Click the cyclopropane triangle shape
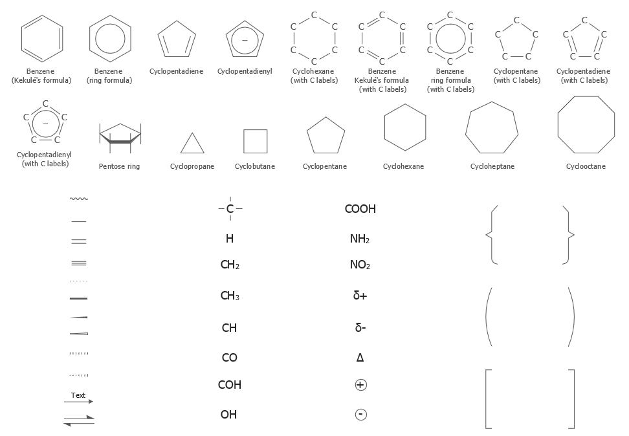(x=186, y=153)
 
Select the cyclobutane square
(x=244, y=141)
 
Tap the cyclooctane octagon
(x=558, y=124)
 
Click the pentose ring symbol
(x=120, y=141)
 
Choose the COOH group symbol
(x=360, y=209)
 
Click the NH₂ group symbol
(x=360, y=239)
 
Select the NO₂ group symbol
(x=360, y=265)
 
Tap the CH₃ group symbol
(x=230, y=296)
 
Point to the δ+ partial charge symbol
(x=360, y=296)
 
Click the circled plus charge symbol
(x=360, y=385)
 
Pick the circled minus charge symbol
(x=360, y=415)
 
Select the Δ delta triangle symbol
(x=360, y=357)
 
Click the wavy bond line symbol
(x=79, y=199)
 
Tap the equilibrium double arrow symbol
(x=79, y=420)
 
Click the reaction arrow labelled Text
(x=78, y=401)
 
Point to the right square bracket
(x=573, y=399)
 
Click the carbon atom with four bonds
(x=230, y=208)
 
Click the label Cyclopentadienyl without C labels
(x=245, y=71)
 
